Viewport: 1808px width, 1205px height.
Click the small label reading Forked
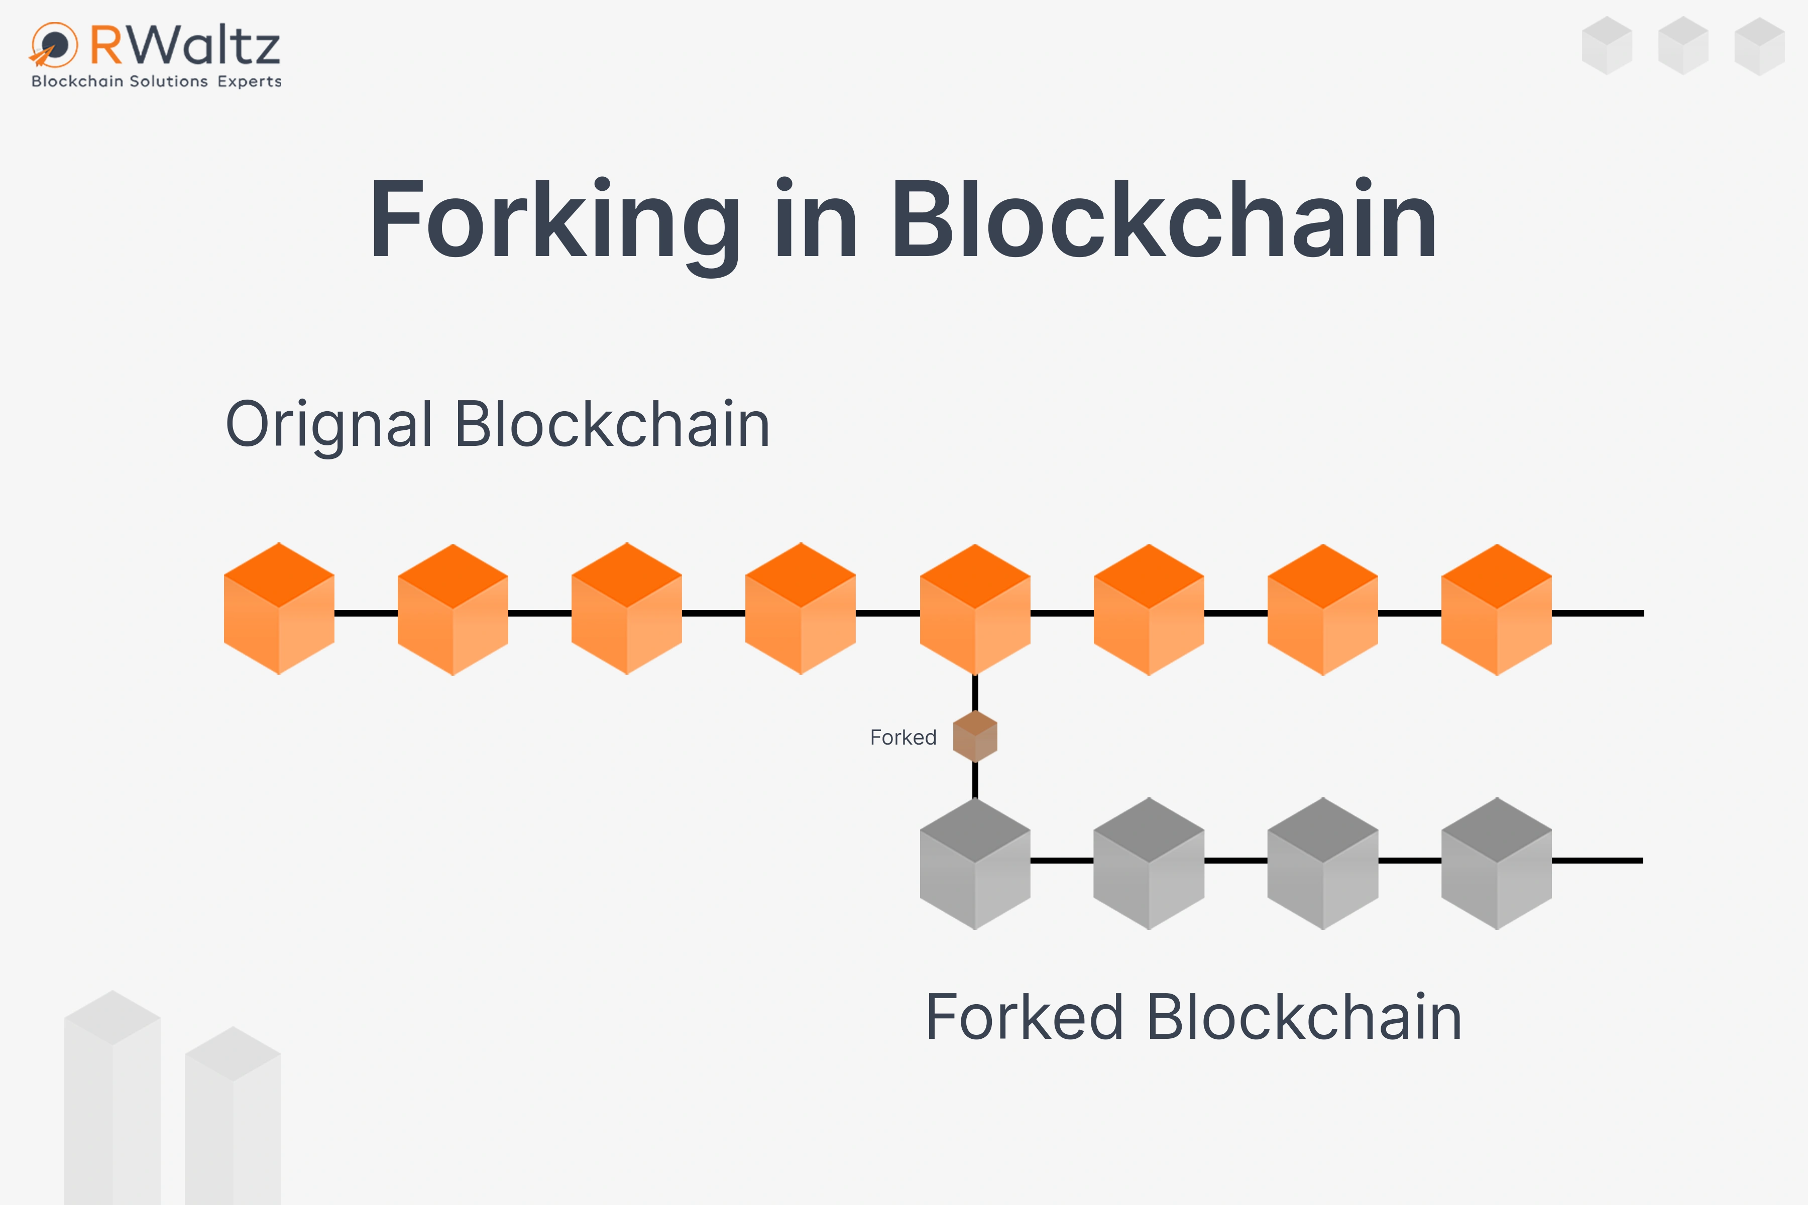coord(903,738)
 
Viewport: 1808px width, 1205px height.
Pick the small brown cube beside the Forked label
coord(975,736)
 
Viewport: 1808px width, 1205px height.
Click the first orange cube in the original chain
coord(279,609)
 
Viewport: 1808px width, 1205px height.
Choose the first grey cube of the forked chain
coord(975,863)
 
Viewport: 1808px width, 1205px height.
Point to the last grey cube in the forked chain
coord(1496,863)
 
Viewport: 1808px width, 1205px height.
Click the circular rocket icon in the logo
coord(54,45)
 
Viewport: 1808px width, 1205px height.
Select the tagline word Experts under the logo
coord(249,81)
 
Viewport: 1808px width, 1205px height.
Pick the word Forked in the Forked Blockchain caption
coord(1024,1018)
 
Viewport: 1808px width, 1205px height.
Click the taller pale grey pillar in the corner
coord(112,1099)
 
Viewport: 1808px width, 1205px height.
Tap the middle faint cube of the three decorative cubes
coord(1683,46)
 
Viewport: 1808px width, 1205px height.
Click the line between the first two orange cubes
coord(366,613)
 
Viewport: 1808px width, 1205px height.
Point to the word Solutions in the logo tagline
coord(168,81)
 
